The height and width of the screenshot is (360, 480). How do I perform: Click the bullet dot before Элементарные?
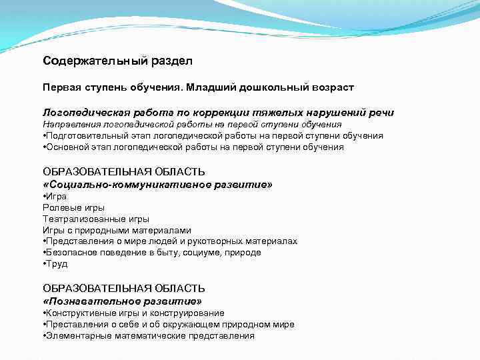pyautogui.click(x=43, y=336)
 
